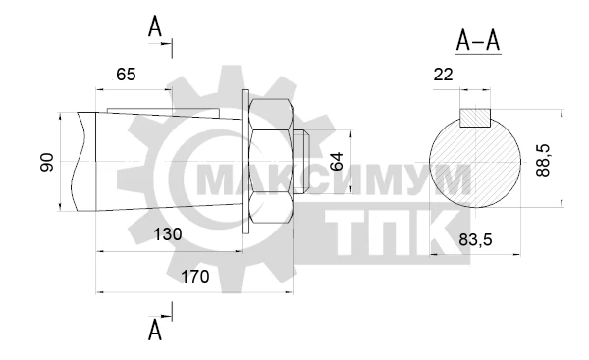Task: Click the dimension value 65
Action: tap(126, 75)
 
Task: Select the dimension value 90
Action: tap(47, 162)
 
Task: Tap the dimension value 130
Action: tap(168, 234)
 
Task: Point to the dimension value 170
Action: tap(195, 277)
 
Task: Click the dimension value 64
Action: tap(337, 162)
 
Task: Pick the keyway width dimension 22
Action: tap(444, 75)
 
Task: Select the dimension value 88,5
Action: tap(543, 160)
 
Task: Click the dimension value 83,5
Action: tap(475, 239)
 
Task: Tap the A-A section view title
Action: tap(478, 40)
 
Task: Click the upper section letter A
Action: tap(155, 26)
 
